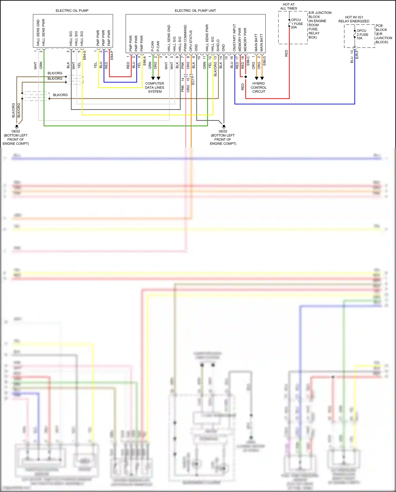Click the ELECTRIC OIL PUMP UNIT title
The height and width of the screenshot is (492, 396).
pyautogui.click(x=195, y=11)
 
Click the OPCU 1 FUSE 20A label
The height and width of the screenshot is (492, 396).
pyautogui.click(x=297, y=24)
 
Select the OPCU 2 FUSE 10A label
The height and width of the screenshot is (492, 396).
pyautogui.click(x=362, y=34)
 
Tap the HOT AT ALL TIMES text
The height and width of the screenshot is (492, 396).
pyautogui.click(x=289, y=6)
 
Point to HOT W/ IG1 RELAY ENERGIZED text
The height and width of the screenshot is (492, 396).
pyautogui.click(x=354, y=19)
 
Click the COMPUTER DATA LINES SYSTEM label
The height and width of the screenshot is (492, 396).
pyautogui.click(x=155, y=87)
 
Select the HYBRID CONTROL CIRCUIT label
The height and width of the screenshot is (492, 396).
pyautogui.click(x=258, y=87)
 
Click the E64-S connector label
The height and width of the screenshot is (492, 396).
pyautogui.click(x=84, y=55)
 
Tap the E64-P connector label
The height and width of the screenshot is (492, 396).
pyautogui.click(x=112, y=55)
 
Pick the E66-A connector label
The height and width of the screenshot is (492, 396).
pyautogui.click(x=144, y=61)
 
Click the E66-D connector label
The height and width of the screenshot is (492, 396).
pyautogui.click(x=264, y=61)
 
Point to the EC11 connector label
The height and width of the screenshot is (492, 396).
pyautogui.click(x=193, y=80)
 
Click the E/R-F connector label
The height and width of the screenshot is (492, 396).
pyautogui.click(x=357, y=54)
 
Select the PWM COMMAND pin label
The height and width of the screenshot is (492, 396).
pyautogui.click(x=185, y=38)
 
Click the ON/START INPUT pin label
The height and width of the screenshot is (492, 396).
pyautogui.click(x=234, y=38)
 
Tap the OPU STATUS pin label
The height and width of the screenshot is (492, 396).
pyautogui.click(x=191, y=41)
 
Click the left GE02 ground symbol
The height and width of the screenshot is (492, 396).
pyautogui.click(x=17, y=126)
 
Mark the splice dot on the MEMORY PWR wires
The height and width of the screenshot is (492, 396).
pyautogui.click(x=246, y=77)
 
